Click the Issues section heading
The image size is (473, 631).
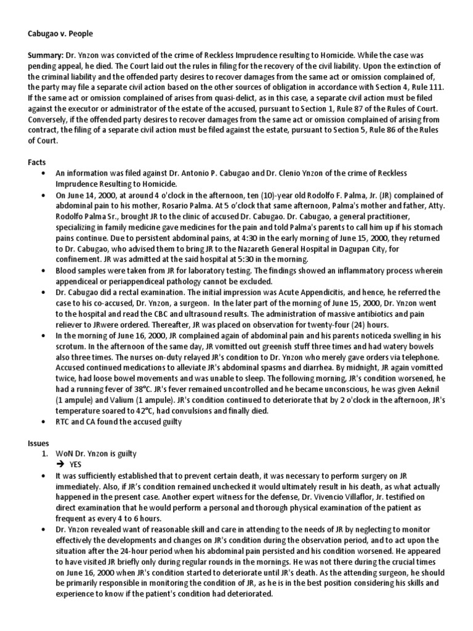pyautogui.click(x=38, y=443)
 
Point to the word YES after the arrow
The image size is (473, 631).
pyautogui.click(x=75, y=464)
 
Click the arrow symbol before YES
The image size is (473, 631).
pyautogui.click(x=60, y=464)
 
